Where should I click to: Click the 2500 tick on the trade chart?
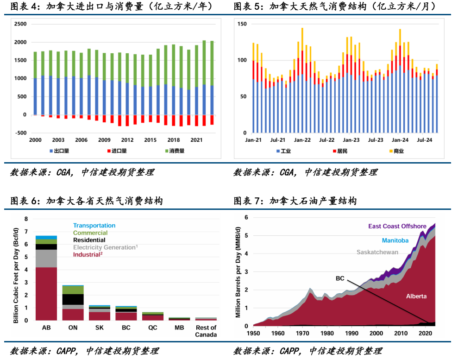(20, 24)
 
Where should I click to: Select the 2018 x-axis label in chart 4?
(173, 140)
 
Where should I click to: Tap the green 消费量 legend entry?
(176, 151)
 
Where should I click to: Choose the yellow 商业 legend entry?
(397, 151)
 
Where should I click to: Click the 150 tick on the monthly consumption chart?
(242, 24)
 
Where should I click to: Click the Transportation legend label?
(94, 226)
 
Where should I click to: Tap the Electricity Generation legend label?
(105, 247)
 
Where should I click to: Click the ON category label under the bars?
(73, 328)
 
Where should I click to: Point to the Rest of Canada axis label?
(206, 331)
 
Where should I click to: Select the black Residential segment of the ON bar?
(73, 299)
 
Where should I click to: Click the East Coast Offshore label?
(397, 226)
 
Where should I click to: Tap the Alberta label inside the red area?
(416, 296)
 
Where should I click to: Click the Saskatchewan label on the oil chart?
(377, 253)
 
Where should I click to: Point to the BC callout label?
(340, 278)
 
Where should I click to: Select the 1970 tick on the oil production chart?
(302, 333)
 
